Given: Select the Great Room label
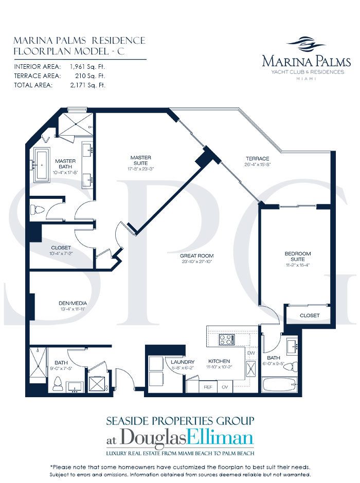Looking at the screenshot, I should [196, 255].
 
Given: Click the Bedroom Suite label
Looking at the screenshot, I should [298, 256].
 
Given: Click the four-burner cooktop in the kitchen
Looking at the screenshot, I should [226, 340].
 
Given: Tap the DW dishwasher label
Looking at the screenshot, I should [251, 353].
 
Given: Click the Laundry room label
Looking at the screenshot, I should [184, 362].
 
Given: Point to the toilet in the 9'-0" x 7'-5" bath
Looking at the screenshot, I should [58, 383].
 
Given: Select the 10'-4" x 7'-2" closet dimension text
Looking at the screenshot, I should [61, 253].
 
